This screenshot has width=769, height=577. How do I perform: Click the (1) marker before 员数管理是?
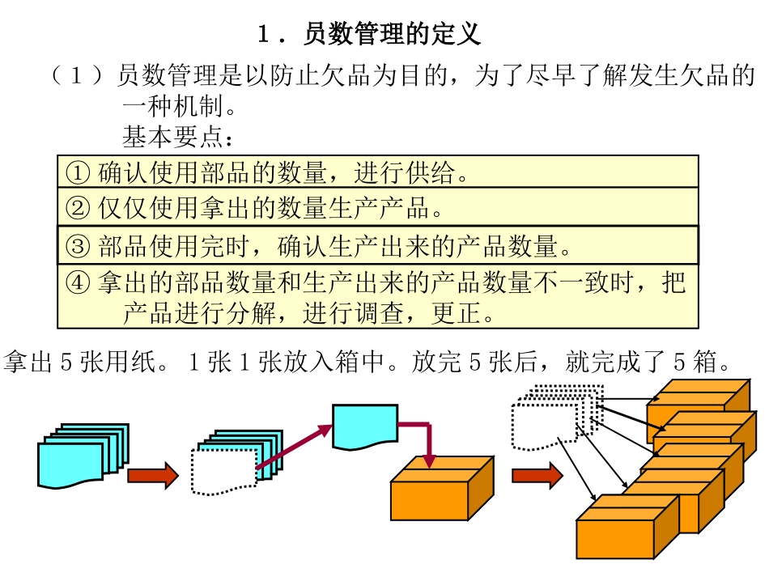(x=77, y=77)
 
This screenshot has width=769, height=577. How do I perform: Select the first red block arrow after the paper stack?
(x=152, y=475)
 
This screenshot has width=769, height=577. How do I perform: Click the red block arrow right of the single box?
(x=537, y=475)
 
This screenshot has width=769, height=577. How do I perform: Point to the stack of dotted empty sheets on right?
(x=550, y=417)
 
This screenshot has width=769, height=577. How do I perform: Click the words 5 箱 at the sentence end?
(x=709, y=362)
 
